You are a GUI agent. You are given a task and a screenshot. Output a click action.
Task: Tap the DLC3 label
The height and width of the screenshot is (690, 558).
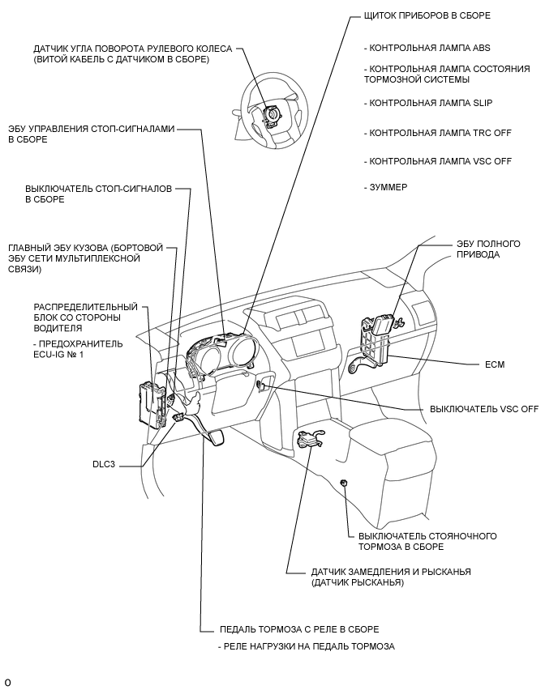(x=106, y=466)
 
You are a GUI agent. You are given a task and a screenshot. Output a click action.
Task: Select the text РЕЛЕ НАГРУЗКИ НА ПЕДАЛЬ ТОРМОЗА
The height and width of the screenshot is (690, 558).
(x=306, y=646)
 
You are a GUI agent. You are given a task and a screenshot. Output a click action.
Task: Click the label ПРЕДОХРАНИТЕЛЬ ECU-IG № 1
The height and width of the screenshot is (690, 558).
(x=79, y=349)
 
